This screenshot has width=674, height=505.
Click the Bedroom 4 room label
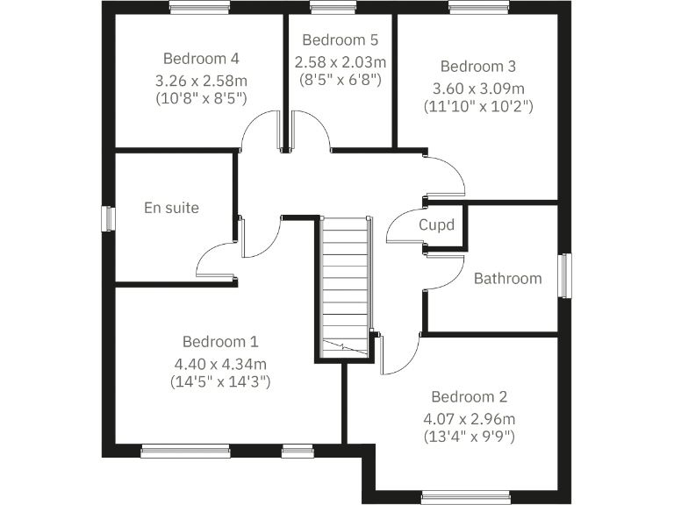click(201, 59)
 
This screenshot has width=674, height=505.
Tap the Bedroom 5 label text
click(340, 39)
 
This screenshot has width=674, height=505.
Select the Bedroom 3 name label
click(477, 66)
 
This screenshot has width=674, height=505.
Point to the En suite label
click(171, 208)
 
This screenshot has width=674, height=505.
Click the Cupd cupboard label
click(436, 225)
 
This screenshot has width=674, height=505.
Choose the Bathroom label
click(507, 278)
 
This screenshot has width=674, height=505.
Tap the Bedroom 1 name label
click(220, 341)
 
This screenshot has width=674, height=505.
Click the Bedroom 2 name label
click(469, 396)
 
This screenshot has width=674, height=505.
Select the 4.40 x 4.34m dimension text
click(220, 362)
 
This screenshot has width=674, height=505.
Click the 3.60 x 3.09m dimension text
click(477, 88)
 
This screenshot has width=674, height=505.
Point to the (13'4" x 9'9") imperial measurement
click(469, 436)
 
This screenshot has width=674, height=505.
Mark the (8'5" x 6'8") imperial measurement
click(340, 79)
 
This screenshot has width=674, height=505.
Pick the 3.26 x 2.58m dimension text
click(201, 80)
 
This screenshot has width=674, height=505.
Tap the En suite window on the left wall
click(108, 218)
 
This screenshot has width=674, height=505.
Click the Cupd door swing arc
click(400, 224)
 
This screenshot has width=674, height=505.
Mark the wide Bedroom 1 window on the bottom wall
click(179, 452)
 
